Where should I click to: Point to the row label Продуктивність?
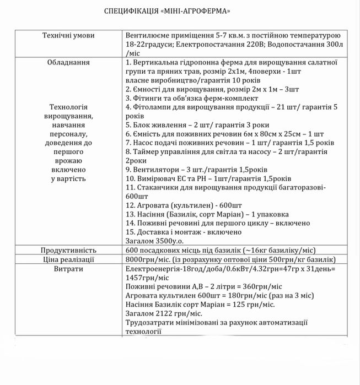69,250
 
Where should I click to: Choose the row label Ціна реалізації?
69,259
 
